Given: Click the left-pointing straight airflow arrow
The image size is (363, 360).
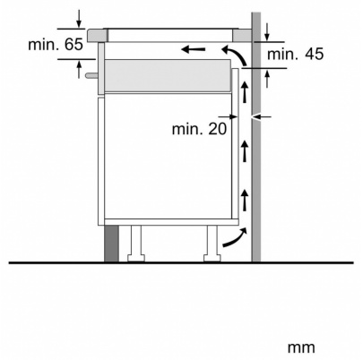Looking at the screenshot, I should point(192,47).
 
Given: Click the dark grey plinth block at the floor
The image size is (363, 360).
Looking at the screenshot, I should point(110,243).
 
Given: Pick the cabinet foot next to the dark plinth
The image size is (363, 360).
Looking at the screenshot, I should point(136,243).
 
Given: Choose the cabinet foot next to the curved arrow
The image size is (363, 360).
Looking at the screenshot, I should point(212,243).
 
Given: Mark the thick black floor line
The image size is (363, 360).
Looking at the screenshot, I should point(179,262).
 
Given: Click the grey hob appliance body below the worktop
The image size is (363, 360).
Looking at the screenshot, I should point(170,74).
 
